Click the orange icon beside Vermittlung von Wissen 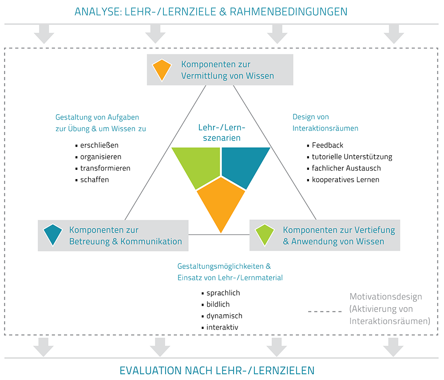[162, 69]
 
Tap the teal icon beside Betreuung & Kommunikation [52, 235]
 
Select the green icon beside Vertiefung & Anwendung [265, 235]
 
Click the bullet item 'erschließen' [99, 145]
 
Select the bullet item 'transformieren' [105, 168]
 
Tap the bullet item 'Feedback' [327, 145]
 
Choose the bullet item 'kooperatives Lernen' [345, 180]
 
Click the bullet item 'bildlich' [218, 304]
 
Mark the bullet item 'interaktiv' [222, 328]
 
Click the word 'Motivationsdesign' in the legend [385, 297]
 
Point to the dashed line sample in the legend [325, 312]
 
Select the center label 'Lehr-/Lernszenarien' [222, 132]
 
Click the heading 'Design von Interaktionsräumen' [325, 122]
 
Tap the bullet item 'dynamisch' [224, 316]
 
